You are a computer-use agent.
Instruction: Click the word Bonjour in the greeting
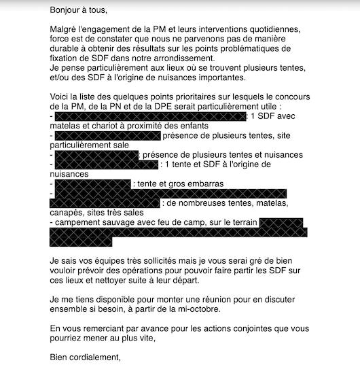(x=67, y=10)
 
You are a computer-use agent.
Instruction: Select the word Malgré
(x=65, y=30)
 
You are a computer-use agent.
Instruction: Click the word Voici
(x=61, y=97)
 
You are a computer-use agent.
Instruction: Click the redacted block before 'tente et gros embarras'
(x=92, y=183)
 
